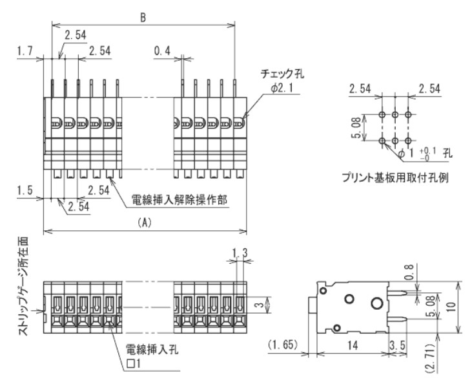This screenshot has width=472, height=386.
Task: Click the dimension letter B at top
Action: (x=143, y=17)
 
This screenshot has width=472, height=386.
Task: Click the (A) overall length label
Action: (x=145, y=222)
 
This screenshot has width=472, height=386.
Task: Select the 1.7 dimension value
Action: (x=25, y=50)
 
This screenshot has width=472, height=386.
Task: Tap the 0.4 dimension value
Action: (x=163, y=50)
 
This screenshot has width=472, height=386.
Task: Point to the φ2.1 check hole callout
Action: (x=282, y=88)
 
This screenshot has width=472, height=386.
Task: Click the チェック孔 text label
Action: (x=282, y=75)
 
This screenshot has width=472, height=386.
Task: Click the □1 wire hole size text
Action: (x=135, y=365)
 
